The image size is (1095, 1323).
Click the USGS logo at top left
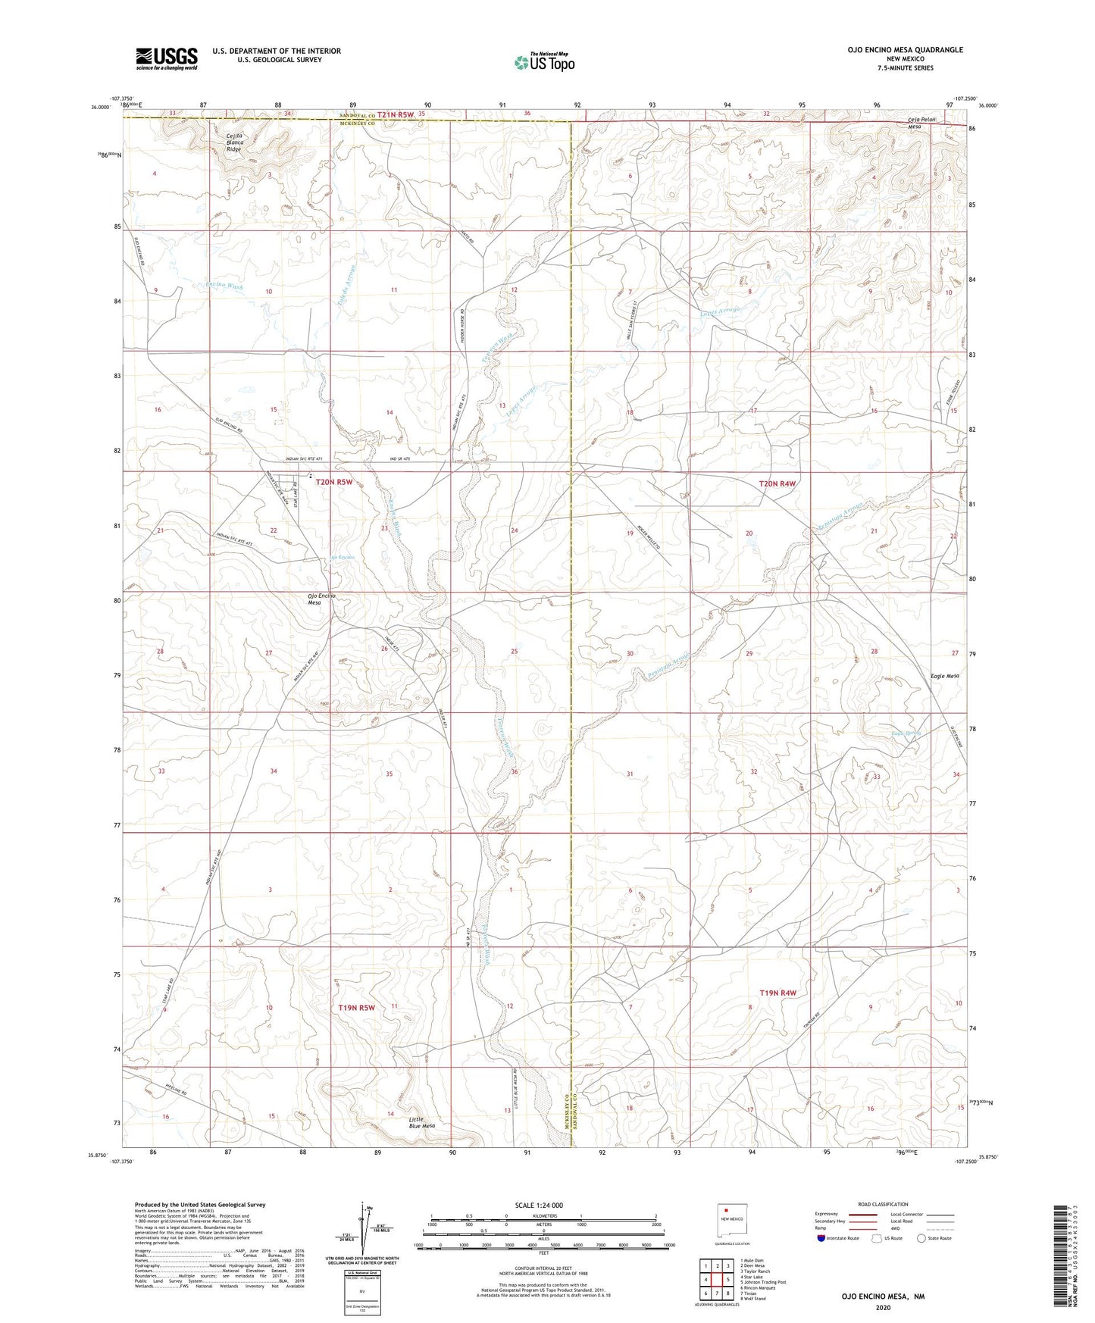point(167,58)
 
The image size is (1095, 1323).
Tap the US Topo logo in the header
point(543,63)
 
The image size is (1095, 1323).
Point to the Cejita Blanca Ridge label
point(234,142)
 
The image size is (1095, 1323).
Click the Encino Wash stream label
point(224,287)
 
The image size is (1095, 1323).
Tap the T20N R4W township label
point(777,483)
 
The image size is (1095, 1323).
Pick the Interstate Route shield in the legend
point(822,1238)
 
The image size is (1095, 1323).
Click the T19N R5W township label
point(356,1008)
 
